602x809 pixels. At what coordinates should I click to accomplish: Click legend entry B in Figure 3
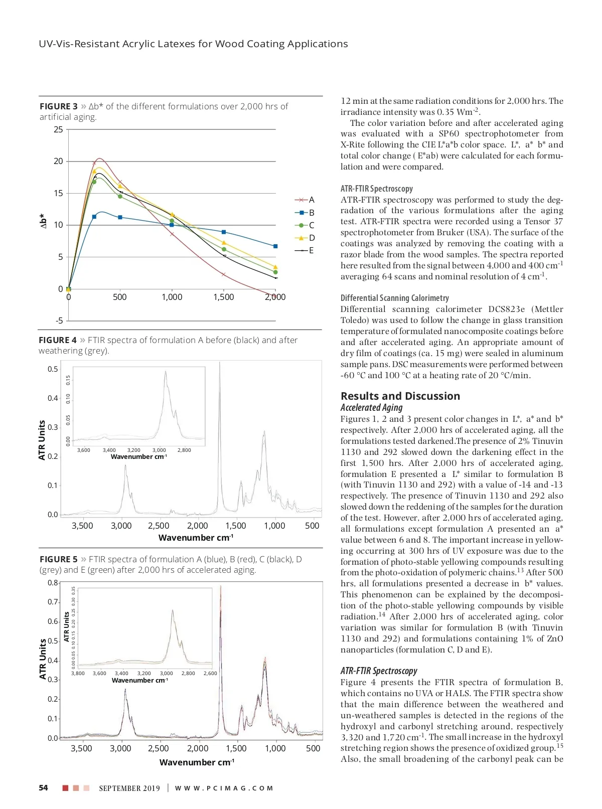coord(311,213)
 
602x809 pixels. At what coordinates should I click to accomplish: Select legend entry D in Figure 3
coord(311,238)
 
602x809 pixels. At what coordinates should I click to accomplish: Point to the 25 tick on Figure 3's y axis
coord(58,129)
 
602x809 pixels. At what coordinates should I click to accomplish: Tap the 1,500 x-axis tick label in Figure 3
coord(223,297)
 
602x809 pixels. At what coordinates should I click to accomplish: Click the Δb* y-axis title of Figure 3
coord(44,221)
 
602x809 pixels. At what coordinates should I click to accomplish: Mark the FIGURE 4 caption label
coord(58,340)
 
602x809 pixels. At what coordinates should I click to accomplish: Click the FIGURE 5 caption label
coord(58,559)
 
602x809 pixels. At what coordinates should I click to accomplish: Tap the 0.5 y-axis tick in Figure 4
coord(53,369)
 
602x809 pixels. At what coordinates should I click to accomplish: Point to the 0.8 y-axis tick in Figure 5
coord(53,583)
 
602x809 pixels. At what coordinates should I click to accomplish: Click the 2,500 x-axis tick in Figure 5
coord(158,748)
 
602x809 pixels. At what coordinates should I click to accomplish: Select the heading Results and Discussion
coord(400,396)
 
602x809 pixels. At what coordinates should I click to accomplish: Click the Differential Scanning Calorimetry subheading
coord(394,298)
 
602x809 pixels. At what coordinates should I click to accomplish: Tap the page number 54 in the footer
coord(44,788)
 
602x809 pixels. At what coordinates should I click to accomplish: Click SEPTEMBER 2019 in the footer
coord(129,788)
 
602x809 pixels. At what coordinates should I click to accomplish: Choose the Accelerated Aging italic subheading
coord(371,408)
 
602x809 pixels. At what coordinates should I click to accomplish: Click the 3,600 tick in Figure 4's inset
coord(84,450)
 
